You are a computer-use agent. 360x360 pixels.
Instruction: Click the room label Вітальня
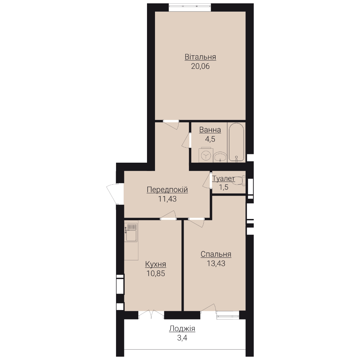tap(200, 57)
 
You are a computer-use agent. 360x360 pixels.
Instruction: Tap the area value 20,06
tap(200, 66)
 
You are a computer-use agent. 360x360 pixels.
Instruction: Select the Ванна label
tap(210, 130)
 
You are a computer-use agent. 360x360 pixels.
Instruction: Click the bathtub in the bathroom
tap(236, 142)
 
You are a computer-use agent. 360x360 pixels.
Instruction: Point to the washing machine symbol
tap(206, 155)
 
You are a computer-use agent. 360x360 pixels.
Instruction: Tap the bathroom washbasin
tap(220, 157)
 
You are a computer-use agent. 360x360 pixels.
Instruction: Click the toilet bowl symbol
tap(239, 180)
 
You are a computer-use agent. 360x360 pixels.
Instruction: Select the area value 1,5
tap(223, 187)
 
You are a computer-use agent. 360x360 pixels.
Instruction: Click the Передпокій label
tap(167, 190)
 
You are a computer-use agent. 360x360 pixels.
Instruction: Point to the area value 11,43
tap(167, 199)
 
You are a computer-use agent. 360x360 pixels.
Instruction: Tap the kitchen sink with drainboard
tap(131, 232)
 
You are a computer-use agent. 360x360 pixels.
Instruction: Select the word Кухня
tap(155, 264)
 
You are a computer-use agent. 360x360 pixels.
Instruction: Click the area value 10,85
tap(156, 274)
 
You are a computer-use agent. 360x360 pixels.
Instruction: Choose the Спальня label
tap(216, 254)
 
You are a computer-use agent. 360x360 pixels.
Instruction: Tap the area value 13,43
tap(216, 264)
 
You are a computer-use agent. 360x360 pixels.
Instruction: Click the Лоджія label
tap(182, 329)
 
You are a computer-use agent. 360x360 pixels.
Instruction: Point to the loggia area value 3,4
tap(182, 338)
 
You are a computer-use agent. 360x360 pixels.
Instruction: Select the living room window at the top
tap(190, 7)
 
